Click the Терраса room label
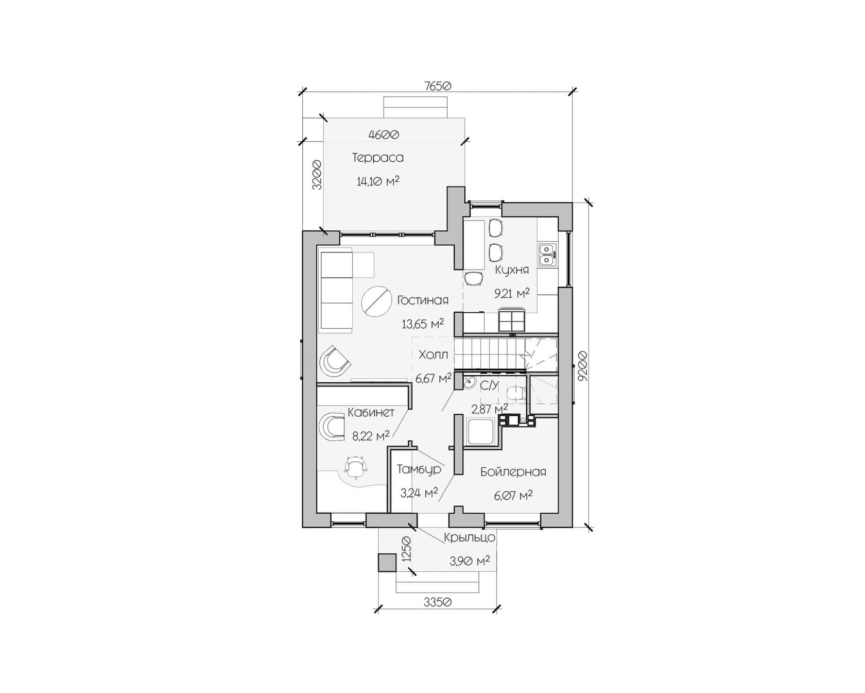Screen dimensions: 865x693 378,158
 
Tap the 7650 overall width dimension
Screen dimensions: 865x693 438,86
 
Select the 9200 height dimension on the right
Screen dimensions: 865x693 582,366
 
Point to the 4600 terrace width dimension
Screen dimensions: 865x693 384,134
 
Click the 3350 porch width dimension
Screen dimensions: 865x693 438,602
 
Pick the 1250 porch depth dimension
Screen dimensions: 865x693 406,550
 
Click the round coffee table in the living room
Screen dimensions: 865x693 376,302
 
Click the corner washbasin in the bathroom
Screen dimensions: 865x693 469,383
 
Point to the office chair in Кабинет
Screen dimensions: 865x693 356,467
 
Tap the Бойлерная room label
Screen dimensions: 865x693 513,471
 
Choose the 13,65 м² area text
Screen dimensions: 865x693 423,324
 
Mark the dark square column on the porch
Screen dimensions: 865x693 387,562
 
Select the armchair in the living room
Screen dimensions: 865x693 335,360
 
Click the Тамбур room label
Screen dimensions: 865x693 419,469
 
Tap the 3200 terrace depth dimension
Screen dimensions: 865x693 317,175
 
